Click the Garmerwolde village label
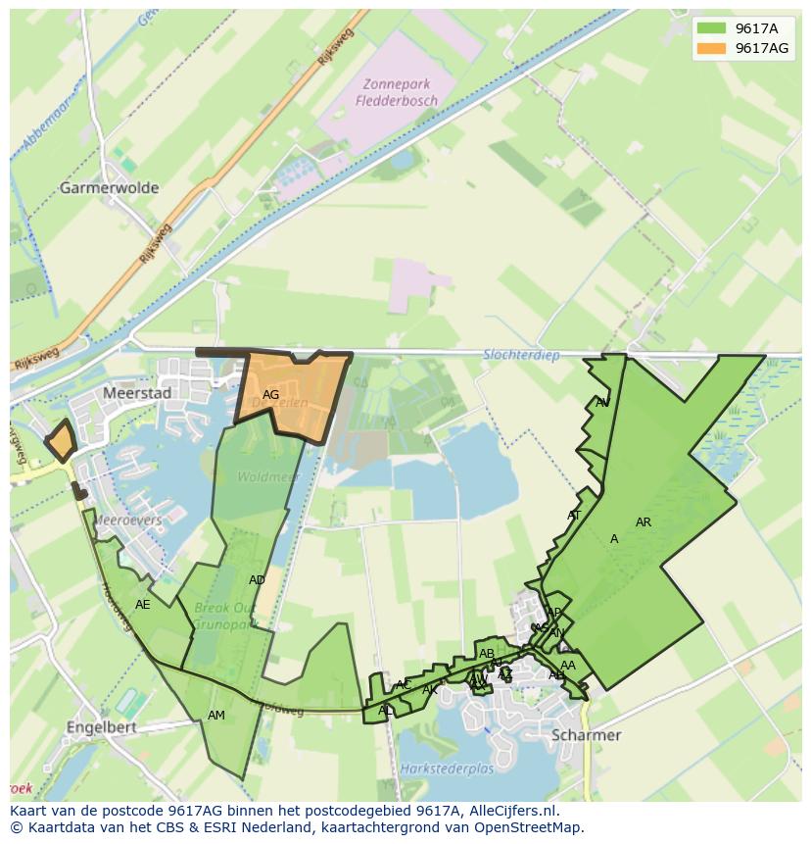click(109, 187)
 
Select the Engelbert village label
click(102, 728)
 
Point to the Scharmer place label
click(587, 735)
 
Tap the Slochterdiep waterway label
click(522, 355)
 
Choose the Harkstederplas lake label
click(448, 770)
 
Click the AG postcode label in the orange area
click(271, 395)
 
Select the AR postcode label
click(643, 522)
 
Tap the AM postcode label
click(216, 716)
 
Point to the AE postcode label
click(143, 605)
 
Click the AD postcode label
click(257, 580)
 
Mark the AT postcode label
click(574, 516)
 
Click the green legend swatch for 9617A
click(712, 28)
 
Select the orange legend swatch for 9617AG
click(712, 48)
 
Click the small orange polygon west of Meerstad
click(61, 441)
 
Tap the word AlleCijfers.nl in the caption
click(510, 811)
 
